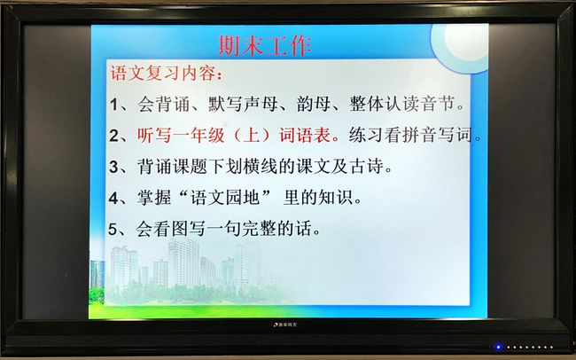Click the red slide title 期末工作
tap(264, 45)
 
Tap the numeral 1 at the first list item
tap(114, 105)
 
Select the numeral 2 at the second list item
tap(114, 136)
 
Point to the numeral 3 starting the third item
tap(113, 168)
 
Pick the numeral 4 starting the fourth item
tap(113, 199)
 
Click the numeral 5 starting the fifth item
tap(113, 230)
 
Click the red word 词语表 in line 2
tap(305, 136)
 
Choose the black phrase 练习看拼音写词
tap(410, 136)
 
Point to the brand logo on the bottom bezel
tap(285, 325)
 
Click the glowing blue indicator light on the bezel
tap(499, 347)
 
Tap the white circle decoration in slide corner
tap(462, 42)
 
